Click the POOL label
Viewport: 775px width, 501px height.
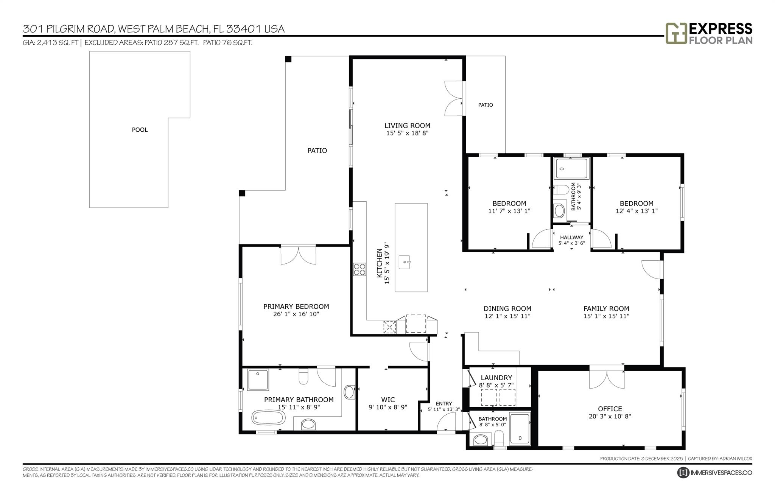[140, 130]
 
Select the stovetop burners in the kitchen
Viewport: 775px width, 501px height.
[359, 269]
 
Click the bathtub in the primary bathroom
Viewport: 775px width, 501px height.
[268, 418]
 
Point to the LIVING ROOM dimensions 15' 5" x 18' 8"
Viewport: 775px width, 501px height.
[407, 133]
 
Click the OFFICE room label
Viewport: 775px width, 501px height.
[610, 409]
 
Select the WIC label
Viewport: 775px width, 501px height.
[388, 400]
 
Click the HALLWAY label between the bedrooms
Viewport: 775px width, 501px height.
[571, 237]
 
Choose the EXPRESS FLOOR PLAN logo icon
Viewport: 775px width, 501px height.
[676, 34]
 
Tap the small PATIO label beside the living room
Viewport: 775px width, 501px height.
[485, 105]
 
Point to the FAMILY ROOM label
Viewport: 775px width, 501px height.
[606, 309]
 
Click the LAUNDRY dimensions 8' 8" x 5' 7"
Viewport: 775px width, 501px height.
[496, 385]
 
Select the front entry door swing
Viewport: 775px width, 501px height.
[446, 422]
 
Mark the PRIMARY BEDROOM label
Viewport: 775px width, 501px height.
[296, 307]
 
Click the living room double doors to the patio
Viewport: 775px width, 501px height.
[453, 98]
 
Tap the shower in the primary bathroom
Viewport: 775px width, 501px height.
[258, 380]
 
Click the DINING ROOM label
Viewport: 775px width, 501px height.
[507, 309]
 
